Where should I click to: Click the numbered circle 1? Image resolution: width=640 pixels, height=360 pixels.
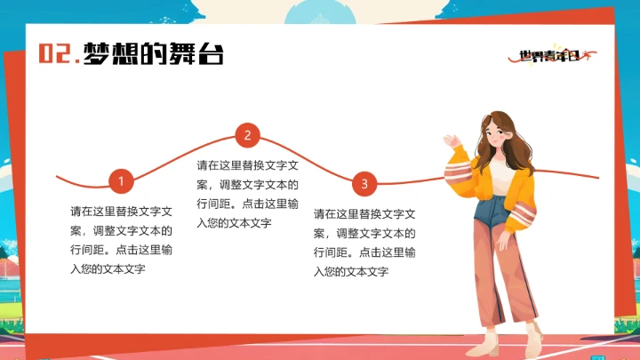[121, 183]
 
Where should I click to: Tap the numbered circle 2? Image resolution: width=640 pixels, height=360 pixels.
[247, 136]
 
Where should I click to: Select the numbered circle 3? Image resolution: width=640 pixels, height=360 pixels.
[364, 185]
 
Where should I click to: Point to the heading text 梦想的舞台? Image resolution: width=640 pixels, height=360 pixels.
[153, 54]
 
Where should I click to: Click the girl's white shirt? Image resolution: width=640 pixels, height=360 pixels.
[503, 178]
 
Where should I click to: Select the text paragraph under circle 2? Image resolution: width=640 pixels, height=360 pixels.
[247, 194]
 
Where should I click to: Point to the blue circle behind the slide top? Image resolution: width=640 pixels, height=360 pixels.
[321, 11]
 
